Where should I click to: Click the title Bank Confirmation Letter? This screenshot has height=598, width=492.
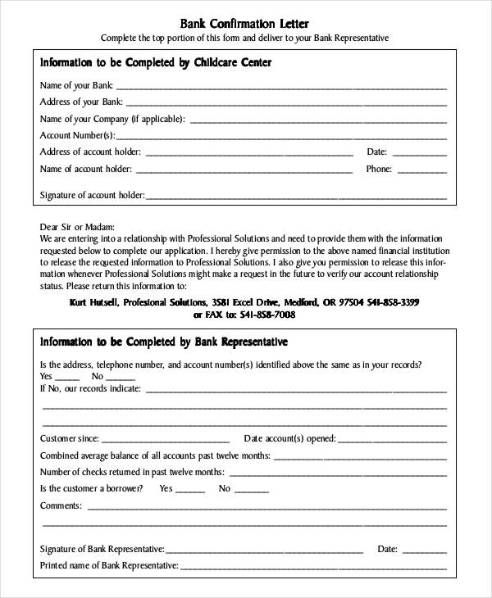[x=244, y=23]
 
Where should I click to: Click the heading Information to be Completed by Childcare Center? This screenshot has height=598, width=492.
[x=155, y=62]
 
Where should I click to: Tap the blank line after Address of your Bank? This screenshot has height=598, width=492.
[x=286, y=103]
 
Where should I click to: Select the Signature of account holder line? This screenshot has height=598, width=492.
[x=295, y=197]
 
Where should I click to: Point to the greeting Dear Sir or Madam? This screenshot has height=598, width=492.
[x=77, y=227]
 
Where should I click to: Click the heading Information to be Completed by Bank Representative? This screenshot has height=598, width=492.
[x=164, y=341]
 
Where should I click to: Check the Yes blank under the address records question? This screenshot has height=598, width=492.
[x=67, y=378]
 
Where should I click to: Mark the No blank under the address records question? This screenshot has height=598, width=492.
[x=120, y=378]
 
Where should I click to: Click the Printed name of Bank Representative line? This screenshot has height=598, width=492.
[x=313, y=567]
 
